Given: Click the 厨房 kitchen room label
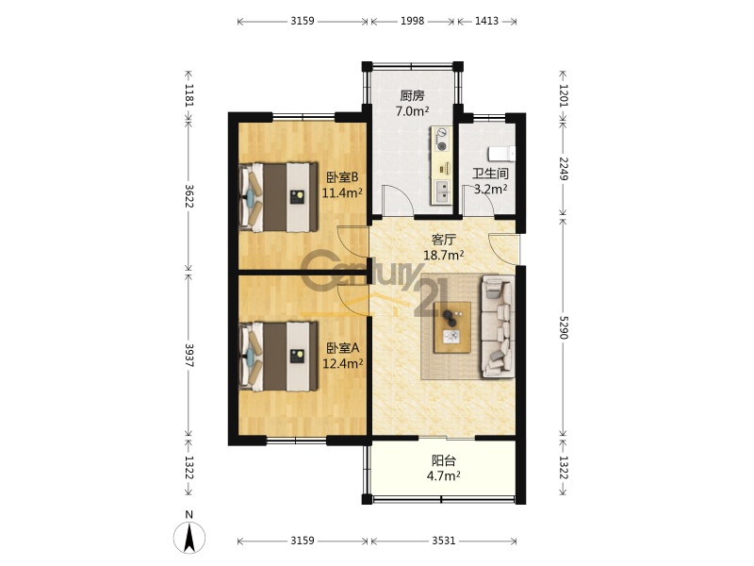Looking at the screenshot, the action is (x=412, y=95).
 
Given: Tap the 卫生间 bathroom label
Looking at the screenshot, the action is (x=490, y=174).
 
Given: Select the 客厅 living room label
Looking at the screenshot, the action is (x=443, y=240).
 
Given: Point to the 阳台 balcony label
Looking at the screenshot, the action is (x=443, y=460).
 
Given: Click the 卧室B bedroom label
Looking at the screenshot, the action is (x=342, y=177).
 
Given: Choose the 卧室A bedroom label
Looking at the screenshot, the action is (x=342, y=347).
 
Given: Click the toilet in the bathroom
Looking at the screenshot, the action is (x=501, y=154).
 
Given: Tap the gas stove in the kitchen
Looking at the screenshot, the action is (x=441, y=140).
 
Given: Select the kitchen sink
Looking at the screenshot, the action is (x=442, y=191).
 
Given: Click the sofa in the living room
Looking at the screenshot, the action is (x=498, y=325).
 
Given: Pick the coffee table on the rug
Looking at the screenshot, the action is (x=452, y=327).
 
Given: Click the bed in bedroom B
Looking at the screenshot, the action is (x=279, y=197).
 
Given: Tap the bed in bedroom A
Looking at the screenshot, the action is (x=279, y=357).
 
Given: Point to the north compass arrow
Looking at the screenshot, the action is (x=189, y=537).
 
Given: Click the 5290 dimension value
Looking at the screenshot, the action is (x=564, y=326).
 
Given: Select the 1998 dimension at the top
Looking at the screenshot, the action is (x=413, y=21).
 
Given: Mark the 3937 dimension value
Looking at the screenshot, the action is (x=189, y=356).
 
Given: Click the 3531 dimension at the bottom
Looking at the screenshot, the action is (x=443, y=541).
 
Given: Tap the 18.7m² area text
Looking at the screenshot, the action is (x=443, y=255).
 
